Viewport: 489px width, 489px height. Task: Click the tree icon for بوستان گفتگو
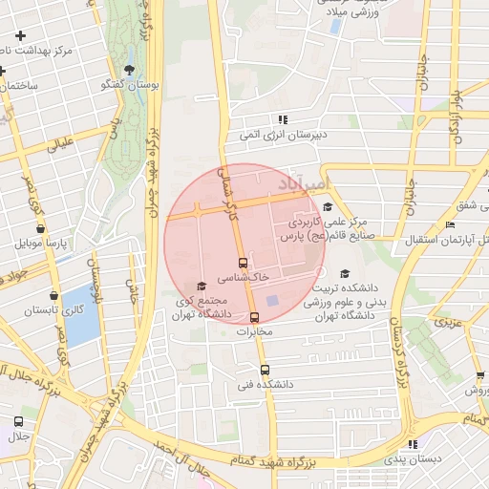coord(129,70)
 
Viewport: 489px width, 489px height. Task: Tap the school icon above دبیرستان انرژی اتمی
coord(283,119)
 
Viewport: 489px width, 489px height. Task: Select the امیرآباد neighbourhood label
coord(304,180)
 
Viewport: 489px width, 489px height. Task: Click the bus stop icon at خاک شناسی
coord(243,263)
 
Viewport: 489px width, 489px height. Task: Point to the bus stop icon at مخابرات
coord(254,317)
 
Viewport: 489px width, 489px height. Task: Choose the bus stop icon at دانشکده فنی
coord(265,370)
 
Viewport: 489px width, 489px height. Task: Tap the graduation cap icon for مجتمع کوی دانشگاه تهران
coord(201,286)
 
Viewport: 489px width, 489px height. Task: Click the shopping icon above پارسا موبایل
coord(39,229)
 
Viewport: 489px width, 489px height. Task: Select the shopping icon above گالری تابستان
coord(53,297)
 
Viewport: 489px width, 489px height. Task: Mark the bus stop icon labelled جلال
coord(18,421)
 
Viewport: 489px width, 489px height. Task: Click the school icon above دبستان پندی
coord(412,444)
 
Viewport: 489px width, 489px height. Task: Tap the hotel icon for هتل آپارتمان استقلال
coord(450,224)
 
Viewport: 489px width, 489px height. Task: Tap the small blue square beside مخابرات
coord(272,303)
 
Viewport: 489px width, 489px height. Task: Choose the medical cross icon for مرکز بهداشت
coord(20,36)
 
